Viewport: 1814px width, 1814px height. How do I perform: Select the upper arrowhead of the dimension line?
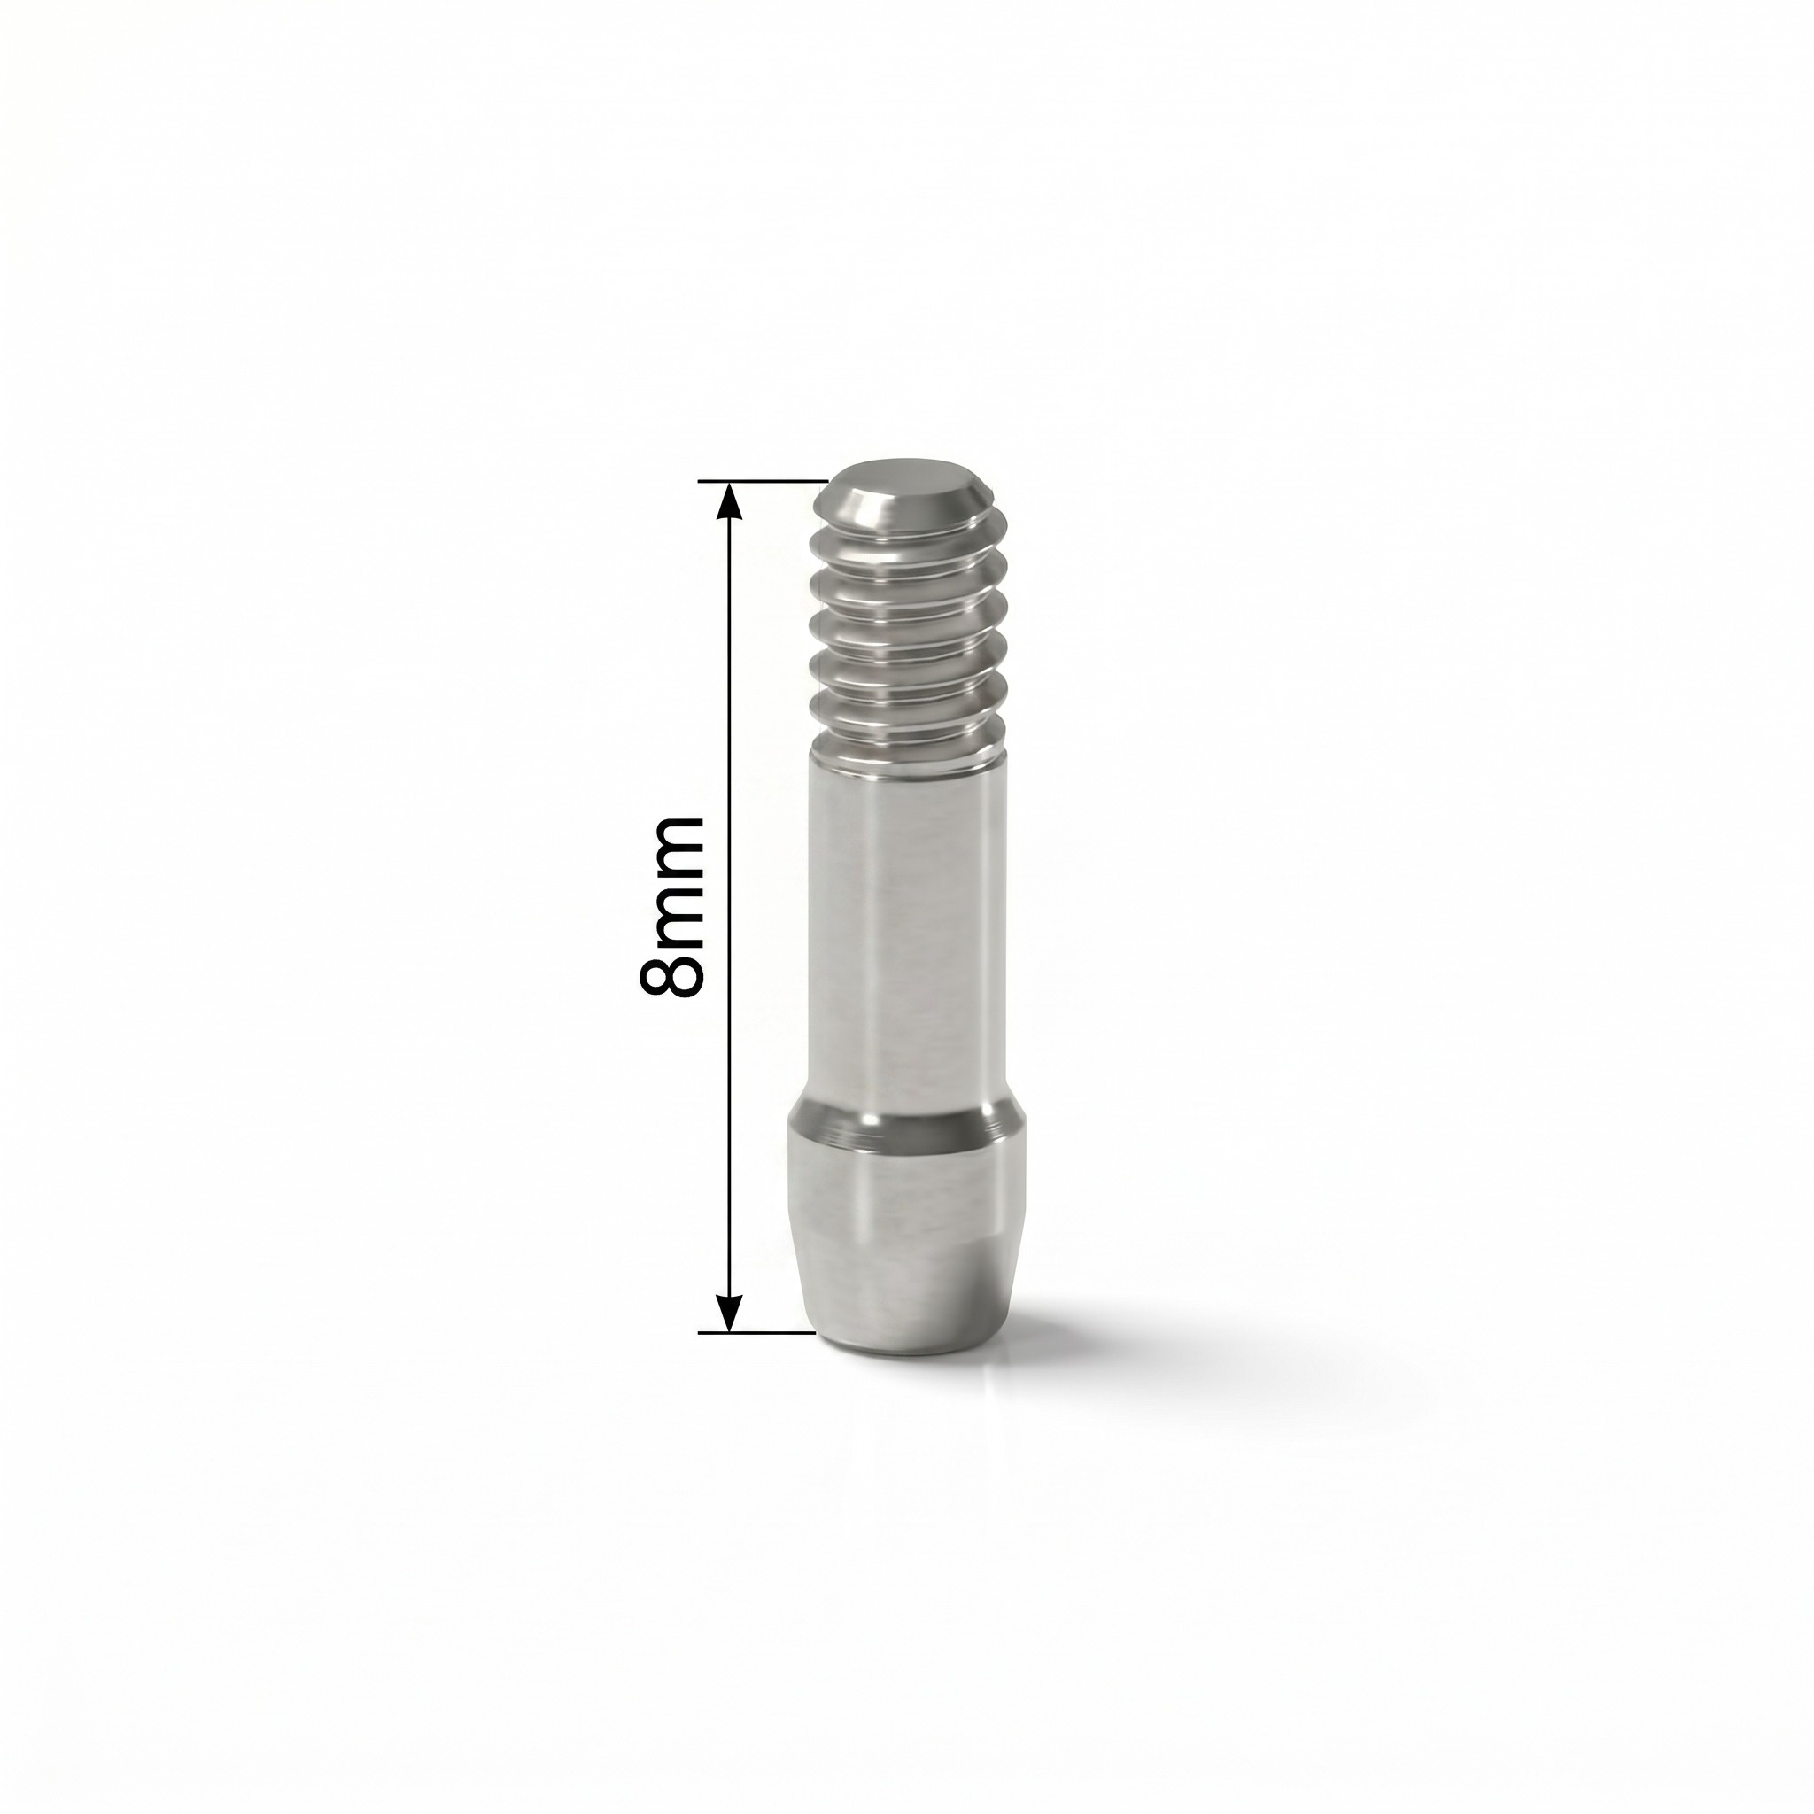tap(730, 499)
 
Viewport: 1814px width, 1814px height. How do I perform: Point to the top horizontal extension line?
tap(763, 482)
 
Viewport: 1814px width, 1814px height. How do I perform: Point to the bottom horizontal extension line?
tap(756, 1331)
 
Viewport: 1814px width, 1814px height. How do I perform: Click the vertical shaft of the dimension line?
tap(730, 906)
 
